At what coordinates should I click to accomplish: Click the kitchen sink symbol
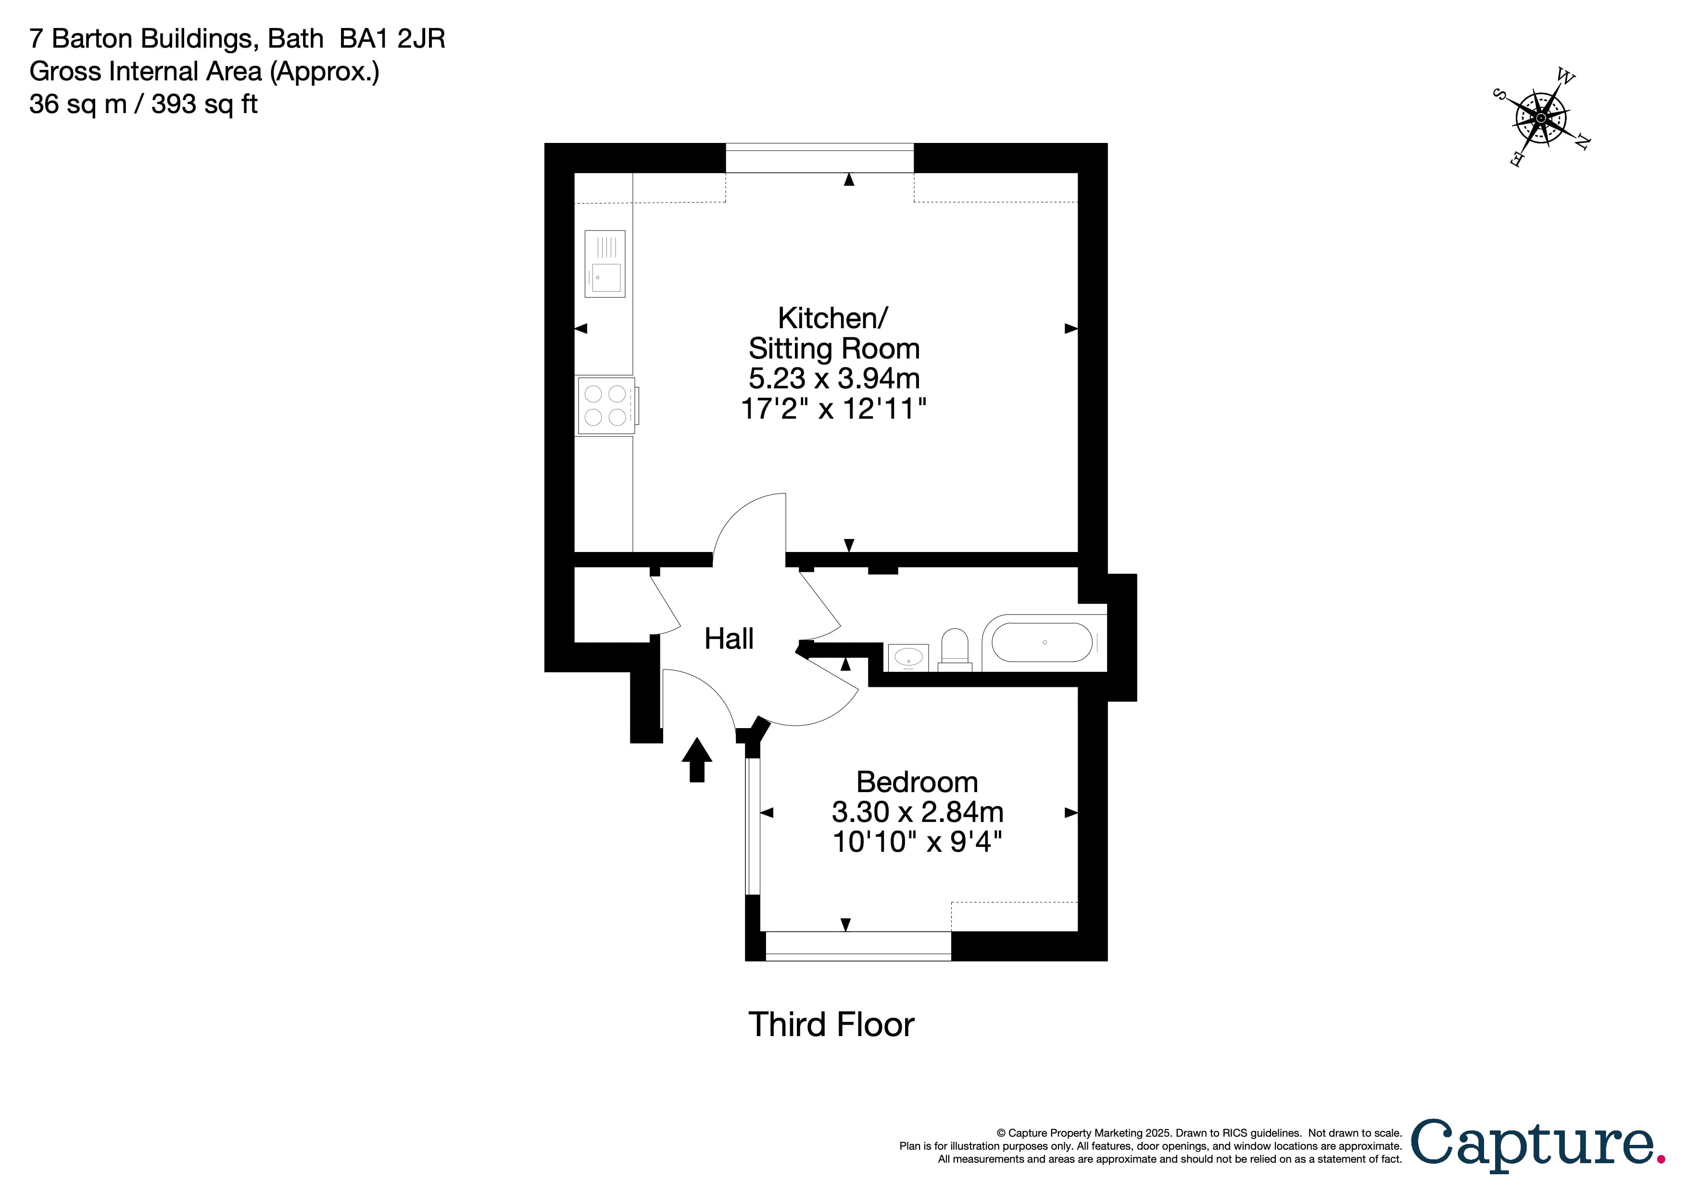pos(604,263)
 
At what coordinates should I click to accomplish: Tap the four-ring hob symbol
pos(606,406)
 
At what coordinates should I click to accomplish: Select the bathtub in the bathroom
pos(1042,642)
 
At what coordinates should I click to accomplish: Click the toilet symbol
pos(955,650)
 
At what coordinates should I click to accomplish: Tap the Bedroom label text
pos(917,782)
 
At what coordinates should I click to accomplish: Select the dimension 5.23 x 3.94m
pos(834,379)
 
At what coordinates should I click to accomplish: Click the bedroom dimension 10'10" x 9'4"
pos(917,842)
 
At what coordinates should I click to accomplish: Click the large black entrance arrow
pos(696,759)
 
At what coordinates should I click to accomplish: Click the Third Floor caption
pos(831,1025)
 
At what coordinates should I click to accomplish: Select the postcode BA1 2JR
pos(392,38)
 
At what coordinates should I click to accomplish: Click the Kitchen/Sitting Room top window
pos(819,158)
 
